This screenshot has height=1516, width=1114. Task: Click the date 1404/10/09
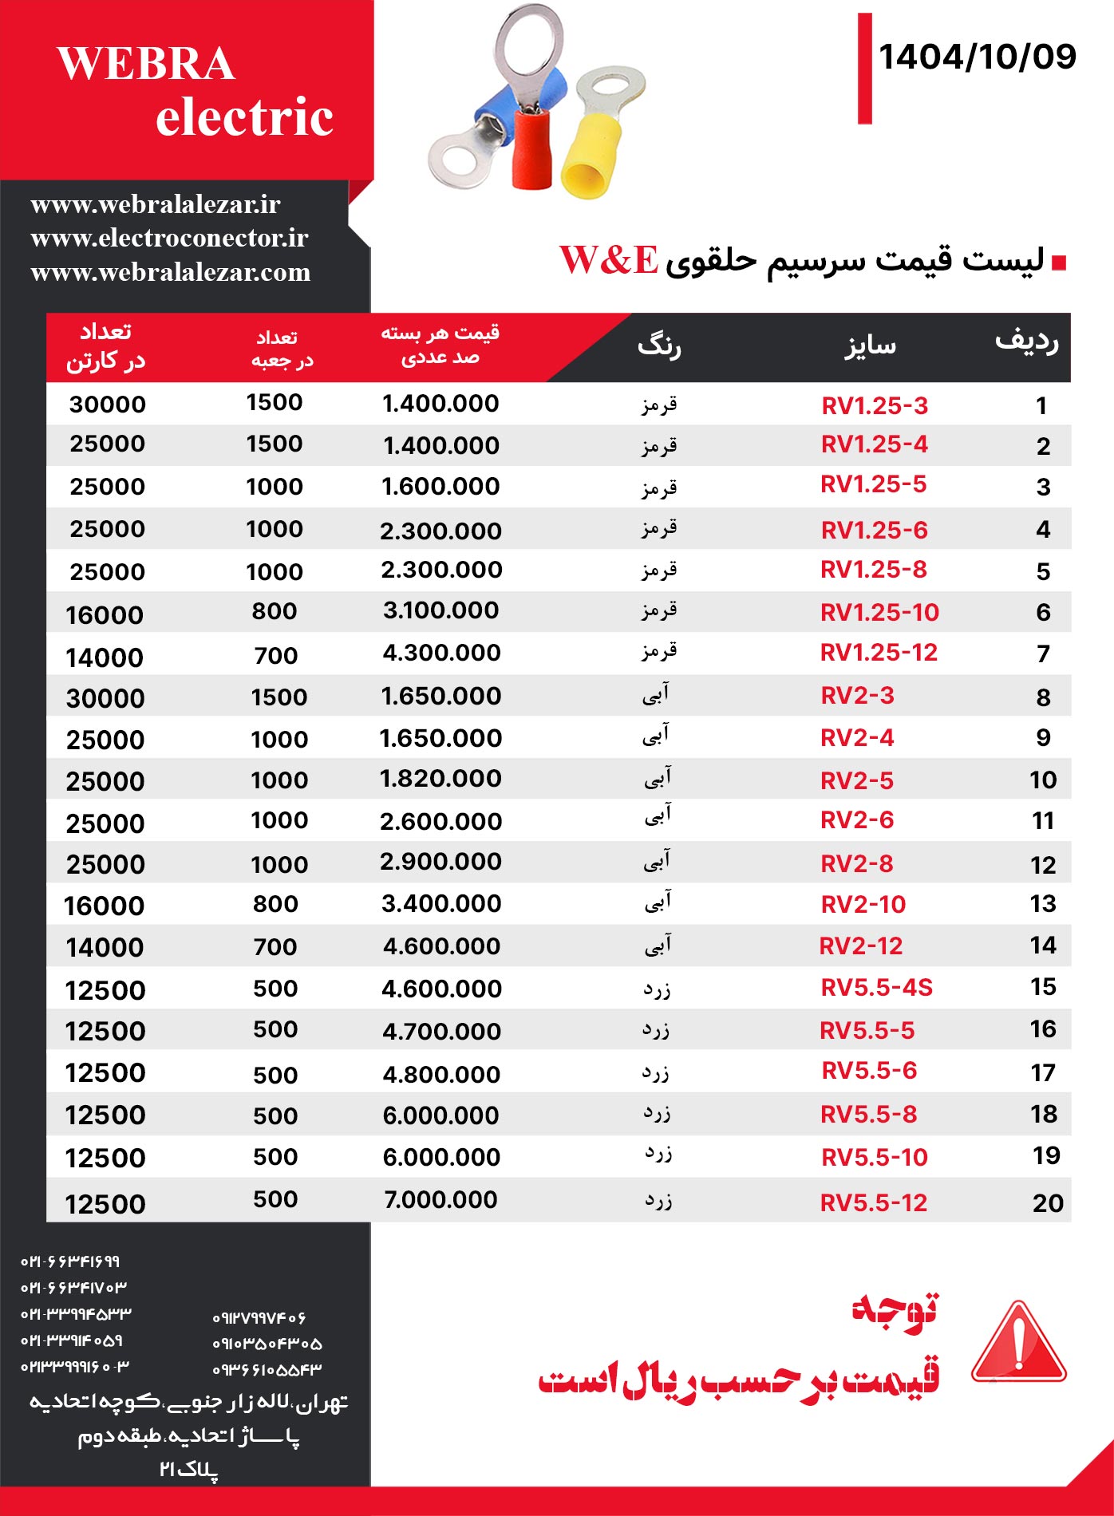[x=977, y=57]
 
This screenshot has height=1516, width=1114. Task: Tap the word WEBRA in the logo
[x=146, y=64]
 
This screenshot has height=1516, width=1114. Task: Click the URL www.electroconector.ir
[x=169, y=238]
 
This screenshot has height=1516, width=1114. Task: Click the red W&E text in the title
[x=609, y=260]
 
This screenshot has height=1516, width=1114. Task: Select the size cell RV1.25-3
[x=875, y=405]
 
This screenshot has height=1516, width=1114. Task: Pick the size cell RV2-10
[x=863, y=904]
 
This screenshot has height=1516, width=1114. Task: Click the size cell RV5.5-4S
[x=876, y=988]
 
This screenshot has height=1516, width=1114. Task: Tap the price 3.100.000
[x=440, y=610]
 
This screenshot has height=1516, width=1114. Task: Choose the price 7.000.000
[x=440, y=1199]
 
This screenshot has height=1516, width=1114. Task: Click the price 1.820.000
[x=440, y=779]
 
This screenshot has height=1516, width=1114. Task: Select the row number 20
[x=1047, y=1202]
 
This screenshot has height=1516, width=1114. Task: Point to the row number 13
[x=1043, y=904]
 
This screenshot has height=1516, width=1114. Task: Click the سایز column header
[x=870, y=345]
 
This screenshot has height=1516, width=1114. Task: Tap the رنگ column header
[x=659, y=346]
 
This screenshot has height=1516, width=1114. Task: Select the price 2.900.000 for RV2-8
[x=440, y=862]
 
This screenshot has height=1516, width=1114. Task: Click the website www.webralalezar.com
[x=170, y=272]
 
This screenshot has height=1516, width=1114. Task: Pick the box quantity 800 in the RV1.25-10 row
[x=275, y=611]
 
